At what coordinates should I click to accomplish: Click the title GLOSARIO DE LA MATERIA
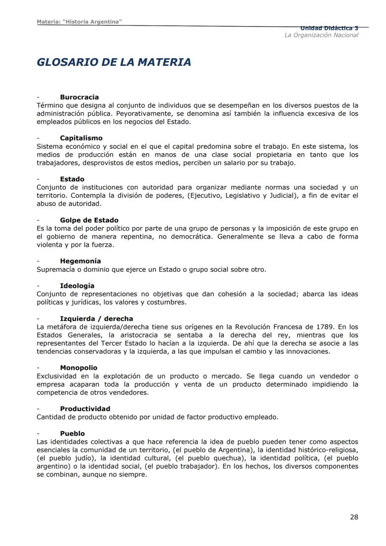point(114,62)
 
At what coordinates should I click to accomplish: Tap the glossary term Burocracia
point(79,97)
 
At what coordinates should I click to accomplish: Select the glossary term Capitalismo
point(81,138)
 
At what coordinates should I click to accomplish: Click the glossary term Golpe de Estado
point(89,220)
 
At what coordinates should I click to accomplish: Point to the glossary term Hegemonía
point(80,261)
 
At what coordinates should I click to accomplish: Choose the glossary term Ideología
point(77,285)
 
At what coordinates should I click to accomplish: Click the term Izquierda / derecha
point(96,318)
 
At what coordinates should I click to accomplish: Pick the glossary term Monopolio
point(78,368)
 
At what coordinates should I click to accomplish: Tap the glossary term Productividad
point(85,408)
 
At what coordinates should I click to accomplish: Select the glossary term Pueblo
point(72,433)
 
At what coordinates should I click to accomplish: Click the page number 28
point(354,517)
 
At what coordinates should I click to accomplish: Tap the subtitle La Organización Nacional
point(321,35)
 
